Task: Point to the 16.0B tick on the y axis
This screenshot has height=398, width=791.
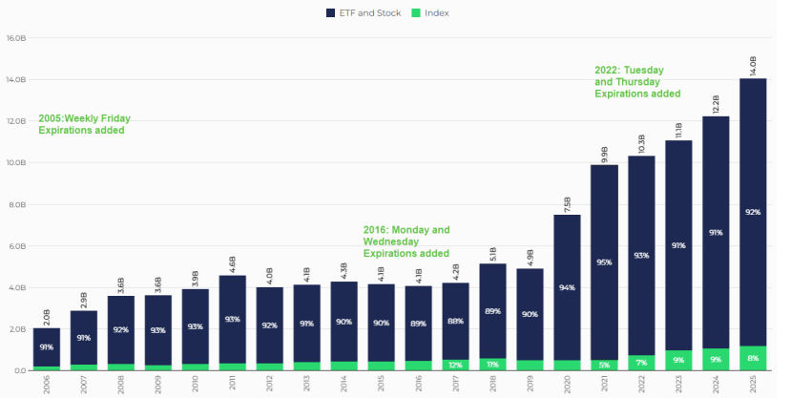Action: [x=16, y=39]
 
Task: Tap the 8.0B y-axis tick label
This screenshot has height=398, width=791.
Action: [x=16, y=205]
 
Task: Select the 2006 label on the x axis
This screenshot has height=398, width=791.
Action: [x=47, y=383]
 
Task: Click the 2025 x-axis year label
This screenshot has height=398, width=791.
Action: [x=753, y=383]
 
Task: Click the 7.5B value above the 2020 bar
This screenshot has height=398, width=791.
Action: [x=568, y=201]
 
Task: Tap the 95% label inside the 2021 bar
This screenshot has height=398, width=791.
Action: [x=604, y=262]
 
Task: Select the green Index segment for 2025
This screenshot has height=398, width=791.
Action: [x=753, y=358]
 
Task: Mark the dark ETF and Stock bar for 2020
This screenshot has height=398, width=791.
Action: [x=568, y=286]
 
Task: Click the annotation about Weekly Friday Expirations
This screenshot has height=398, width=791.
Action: [x=84, y=124]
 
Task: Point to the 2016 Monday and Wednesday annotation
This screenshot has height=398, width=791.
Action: [x=406, y=241]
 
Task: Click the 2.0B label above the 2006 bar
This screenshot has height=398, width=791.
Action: [x=47, y=316]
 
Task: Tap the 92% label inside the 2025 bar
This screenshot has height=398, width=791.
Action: [x=753, y=212]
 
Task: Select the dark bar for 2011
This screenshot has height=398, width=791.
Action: [x=233, y=319]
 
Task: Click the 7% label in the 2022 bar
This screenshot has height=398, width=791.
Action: [x=641, y=363]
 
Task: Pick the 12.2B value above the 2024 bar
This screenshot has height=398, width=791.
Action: [x=716, y=101]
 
